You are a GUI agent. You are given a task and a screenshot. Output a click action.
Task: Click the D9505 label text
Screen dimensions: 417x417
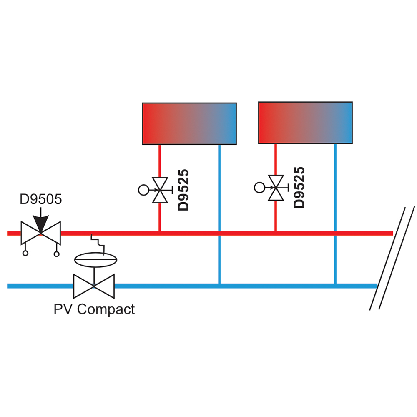pos(41,199)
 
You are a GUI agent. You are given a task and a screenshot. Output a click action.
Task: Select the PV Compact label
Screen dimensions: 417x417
pos(94,309)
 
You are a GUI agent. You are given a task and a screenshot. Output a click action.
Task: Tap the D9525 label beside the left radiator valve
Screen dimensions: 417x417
pos(183,190)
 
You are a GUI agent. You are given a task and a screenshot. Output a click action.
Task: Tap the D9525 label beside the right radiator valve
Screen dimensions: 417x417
pos(299,188)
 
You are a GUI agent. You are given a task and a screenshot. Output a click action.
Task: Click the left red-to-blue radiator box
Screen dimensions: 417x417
pos(189,124)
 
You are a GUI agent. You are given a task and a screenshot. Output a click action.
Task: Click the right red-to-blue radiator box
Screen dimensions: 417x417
pos(305,123)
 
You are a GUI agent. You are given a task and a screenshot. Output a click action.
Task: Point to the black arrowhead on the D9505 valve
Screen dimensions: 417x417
pos(41,224)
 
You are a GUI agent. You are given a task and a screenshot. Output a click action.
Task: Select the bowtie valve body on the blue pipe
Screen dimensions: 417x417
pos(94,286)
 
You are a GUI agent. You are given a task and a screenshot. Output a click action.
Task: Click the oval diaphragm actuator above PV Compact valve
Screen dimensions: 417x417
pos(95,259)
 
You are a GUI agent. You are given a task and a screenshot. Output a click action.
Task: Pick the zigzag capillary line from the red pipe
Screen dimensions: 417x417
pos(98,244)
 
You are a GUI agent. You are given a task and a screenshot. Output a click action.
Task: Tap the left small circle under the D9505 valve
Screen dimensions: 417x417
pos(25,253)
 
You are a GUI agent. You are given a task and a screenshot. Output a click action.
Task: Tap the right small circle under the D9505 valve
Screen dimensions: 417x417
pos(57,254)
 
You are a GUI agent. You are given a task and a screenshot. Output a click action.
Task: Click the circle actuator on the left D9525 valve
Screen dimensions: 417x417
pos(143,190)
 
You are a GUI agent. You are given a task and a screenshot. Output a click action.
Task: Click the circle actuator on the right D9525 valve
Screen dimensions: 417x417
pos(259,188)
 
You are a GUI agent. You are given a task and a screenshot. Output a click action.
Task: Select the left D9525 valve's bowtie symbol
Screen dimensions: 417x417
pos(160,190)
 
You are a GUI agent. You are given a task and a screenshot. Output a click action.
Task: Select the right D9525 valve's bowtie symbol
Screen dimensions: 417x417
pos(276,188)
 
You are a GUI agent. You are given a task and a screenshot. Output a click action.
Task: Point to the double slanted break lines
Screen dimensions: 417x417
pos(392,258)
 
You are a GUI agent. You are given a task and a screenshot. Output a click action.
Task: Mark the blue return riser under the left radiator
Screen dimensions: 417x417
pos(219,214)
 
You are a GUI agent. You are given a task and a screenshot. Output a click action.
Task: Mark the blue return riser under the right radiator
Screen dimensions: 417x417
pos(335,214)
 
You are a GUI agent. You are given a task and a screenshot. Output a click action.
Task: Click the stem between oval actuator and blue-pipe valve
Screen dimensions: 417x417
pos(94,276)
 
